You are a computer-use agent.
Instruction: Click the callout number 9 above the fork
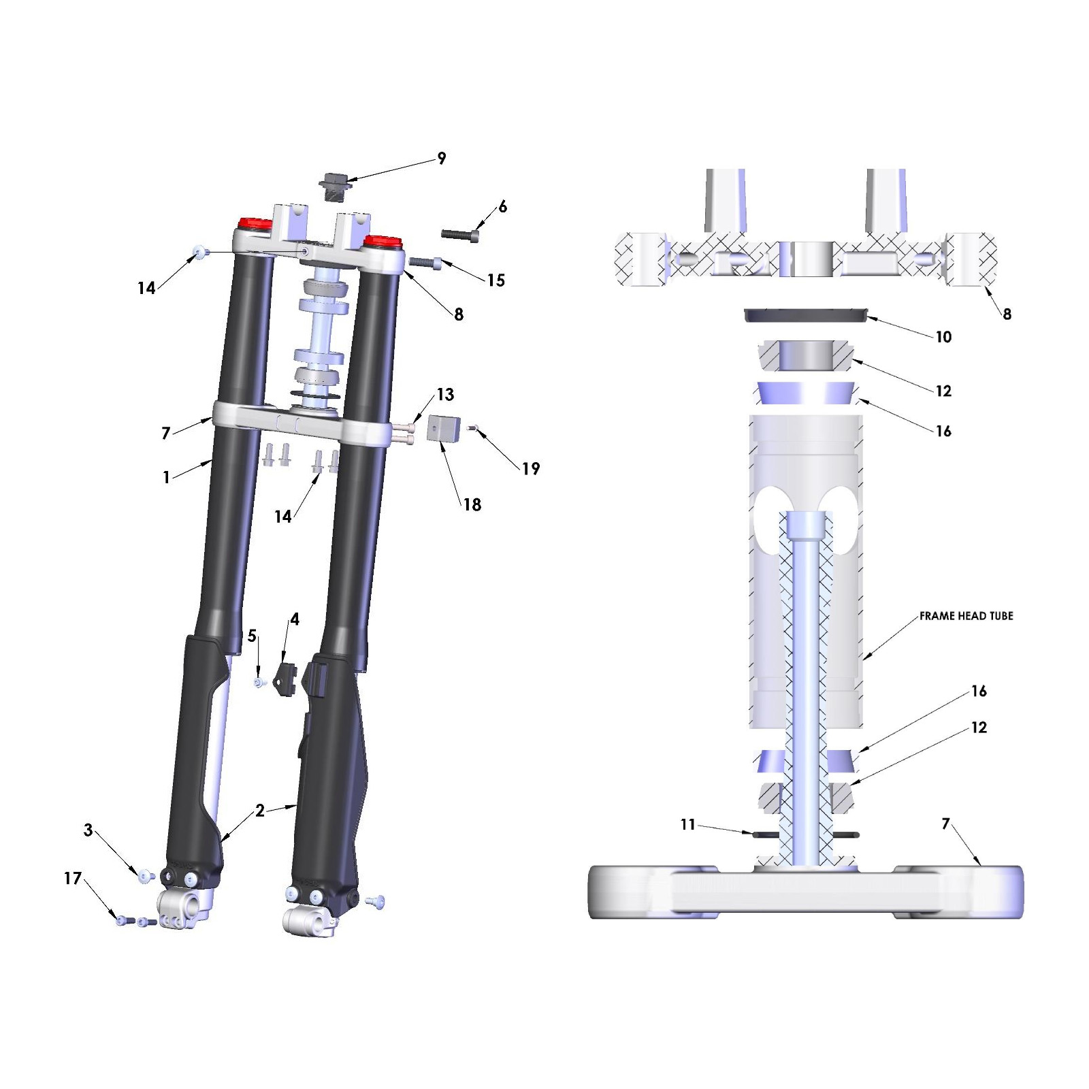[x=442, y=159]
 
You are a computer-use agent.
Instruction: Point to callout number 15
[x=496, y=280]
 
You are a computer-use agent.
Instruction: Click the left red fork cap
[x=254, y=224]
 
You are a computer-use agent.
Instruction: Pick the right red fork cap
[x=383, y=241]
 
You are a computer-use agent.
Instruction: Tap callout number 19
[x=531, y=468]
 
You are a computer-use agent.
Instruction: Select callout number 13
[x=445, y=395]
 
